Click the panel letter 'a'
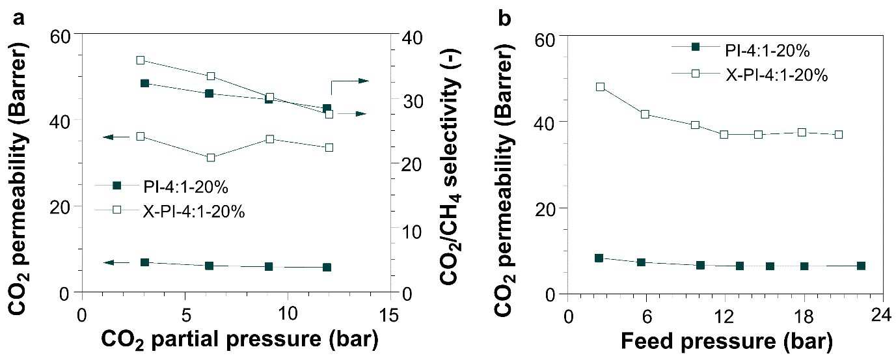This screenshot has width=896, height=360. coord(19,19)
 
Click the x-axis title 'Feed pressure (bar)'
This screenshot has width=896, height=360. coord(726,341)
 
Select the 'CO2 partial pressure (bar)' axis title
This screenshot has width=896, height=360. coord(239,340)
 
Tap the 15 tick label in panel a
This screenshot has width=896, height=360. coord(388,316)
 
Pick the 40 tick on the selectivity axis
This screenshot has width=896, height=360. coord(412,38)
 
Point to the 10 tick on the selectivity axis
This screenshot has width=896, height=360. coord(412,232)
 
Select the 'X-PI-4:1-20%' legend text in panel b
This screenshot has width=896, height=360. coord(777,76)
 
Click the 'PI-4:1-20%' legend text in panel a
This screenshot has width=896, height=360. coord(185,187)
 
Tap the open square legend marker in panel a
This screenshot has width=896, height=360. coord(117,210)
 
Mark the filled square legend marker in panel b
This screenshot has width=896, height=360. coord(696,47)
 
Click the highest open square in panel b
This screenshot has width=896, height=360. coord(600,87)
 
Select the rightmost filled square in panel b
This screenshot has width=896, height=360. coord(862,266)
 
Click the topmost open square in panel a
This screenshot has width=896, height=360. coord(141,60)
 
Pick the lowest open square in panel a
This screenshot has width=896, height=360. coord(211,158)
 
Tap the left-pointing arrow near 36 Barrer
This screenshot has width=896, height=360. coord(116,137)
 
